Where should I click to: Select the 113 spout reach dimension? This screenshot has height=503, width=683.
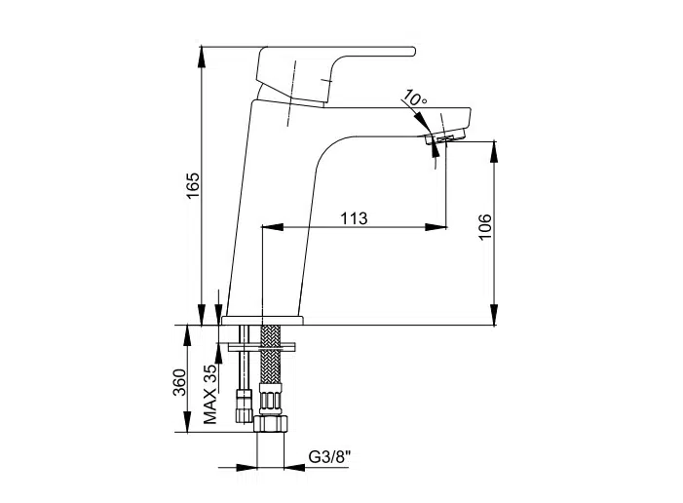pos(354,219)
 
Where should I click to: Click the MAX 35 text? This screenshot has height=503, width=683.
pos(209,394)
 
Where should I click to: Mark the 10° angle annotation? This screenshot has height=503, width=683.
pos(415,99)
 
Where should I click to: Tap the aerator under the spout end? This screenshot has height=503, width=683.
pos(444,140)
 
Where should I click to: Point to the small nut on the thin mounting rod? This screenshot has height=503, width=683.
pos(245,406)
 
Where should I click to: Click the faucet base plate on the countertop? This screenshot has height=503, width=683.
pos(262,319)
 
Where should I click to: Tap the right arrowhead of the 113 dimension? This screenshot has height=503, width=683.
pos(439,229)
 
